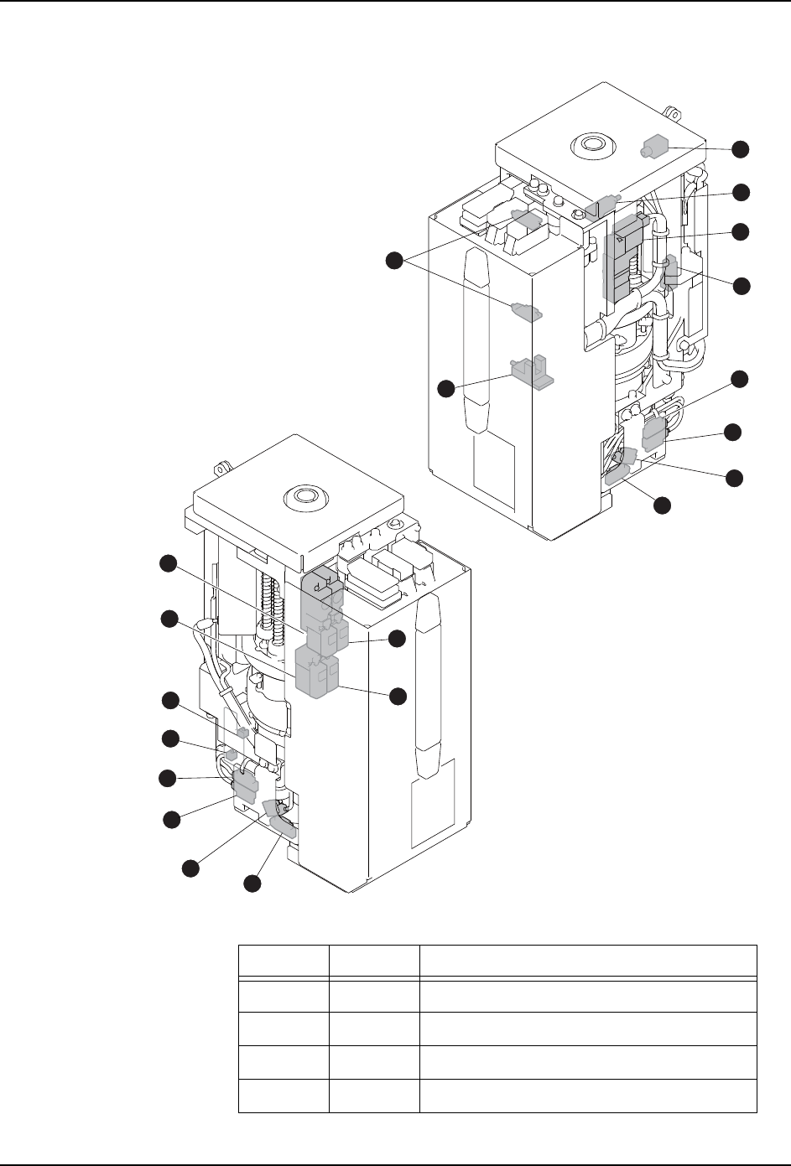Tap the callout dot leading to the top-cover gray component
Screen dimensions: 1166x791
(x=739, y=148)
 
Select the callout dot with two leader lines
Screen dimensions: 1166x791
(x=393, y=261)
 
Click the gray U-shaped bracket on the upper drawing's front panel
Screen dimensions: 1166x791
(x=532, y=371)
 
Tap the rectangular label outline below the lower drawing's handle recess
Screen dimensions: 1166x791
(x=432, y=802)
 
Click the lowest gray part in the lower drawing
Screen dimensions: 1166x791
(x=283, y=831)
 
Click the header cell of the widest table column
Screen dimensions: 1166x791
(x=588, y=960)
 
